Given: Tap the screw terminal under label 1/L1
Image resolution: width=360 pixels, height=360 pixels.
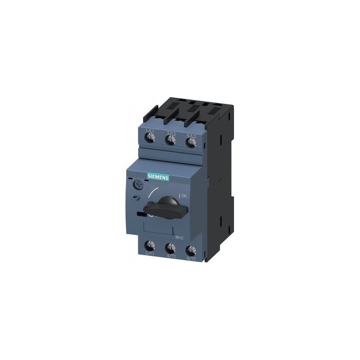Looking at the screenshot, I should tap(150, 141).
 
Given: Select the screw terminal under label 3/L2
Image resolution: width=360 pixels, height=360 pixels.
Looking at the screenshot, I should tap(171, 141).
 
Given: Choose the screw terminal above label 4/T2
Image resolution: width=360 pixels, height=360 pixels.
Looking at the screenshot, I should tap(171, 248).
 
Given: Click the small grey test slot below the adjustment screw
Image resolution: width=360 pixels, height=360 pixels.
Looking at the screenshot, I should tap(136, 198).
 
